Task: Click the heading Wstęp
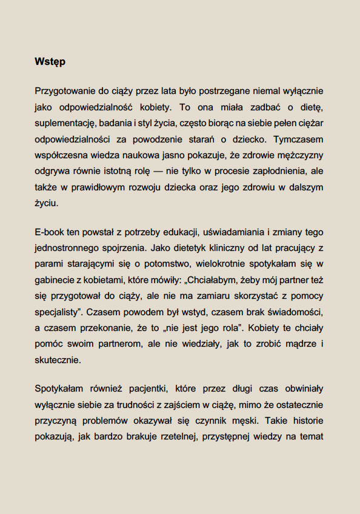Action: coord(50,62)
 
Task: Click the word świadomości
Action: coord(293,313)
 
